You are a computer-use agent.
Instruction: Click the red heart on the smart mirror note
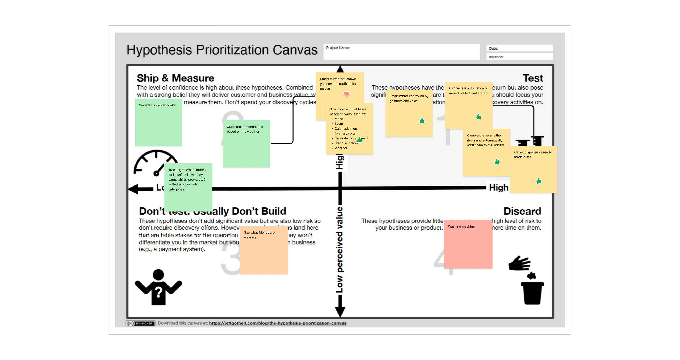[x=346, y=94]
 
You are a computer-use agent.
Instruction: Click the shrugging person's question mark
[x=158, y=292]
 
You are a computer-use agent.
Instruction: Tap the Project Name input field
[x=401, y=52]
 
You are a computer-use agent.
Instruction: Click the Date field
[x=519, y=48]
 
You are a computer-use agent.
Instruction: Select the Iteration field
[x=519, y=57]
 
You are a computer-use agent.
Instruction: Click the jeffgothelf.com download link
[x=278, y=323]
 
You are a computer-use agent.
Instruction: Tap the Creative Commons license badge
[x=140, y=323]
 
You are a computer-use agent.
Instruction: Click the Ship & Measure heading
[x=175, y=78]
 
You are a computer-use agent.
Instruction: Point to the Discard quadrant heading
[x=522, y=211]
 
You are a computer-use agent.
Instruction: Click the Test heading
[x=533, y=78]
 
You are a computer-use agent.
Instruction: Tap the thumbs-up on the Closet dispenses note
[x=539, y=181]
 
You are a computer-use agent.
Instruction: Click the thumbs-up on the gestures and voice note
[x=422, y=121]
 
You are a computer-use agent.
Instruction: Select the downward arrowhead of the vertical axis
[x=340, y=312]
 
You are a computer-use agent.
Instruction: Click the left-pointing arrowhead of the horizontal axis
[x=133, y=189]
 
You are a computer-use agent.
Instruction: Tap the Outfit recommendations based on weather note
[x=246, y=144]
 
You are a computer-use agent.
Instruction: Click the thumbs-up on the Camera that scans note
[x=497, y=161]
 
